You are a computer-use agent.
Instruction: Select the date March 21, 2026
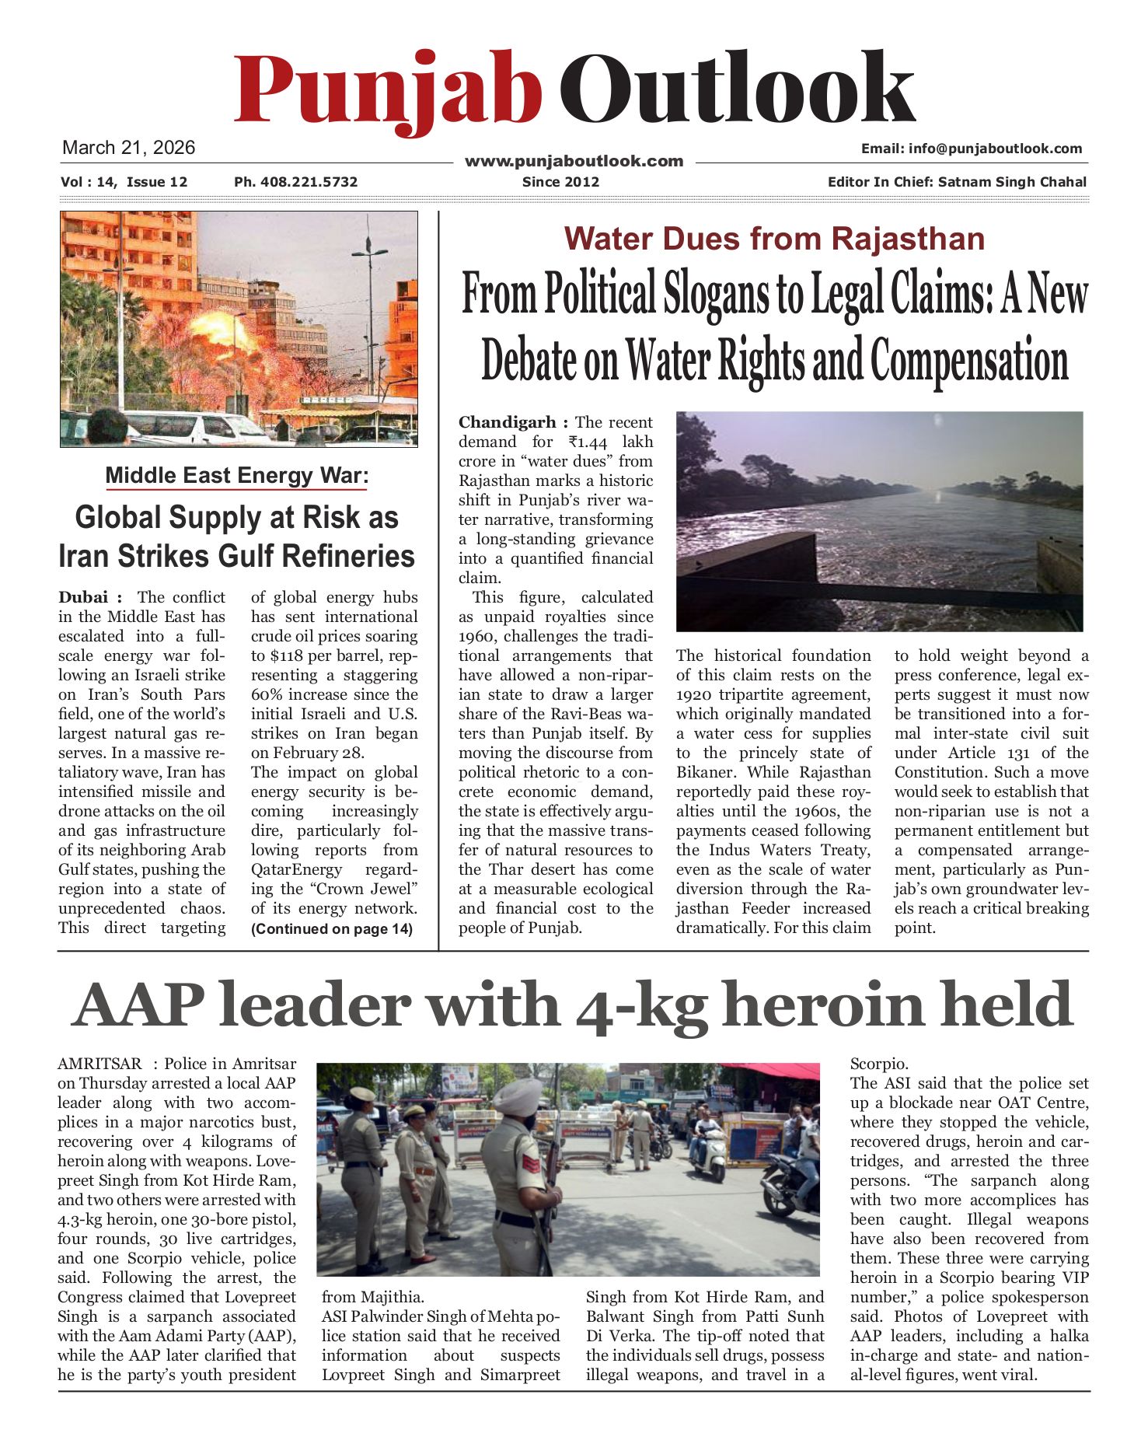point(128,148)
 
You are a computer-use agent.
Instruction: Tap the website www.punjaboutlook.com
point(574,161)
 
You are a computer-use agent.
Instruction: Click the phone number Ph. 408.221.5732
point(295,182)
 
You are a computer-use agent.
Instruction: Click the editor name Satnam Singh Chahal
point(1012,182)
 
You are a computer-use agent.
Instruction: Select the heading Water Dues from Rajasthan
point(774,238)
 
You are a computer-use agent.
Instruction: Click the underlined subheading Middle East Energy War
point(236,476)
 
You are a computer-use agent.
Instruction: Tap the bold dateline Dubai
point(83,597)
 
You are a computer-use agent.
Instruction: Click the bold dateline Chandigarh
point(508,422)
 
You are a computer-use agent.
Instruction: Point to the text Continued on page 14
point(332,928)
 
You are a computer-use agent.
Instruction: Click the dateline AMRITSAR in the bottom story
point(99,1064)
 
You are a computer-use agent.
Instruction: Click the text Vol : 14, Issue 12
point(124,182)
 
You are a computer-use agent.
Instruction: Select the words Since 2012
point(560,182)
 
